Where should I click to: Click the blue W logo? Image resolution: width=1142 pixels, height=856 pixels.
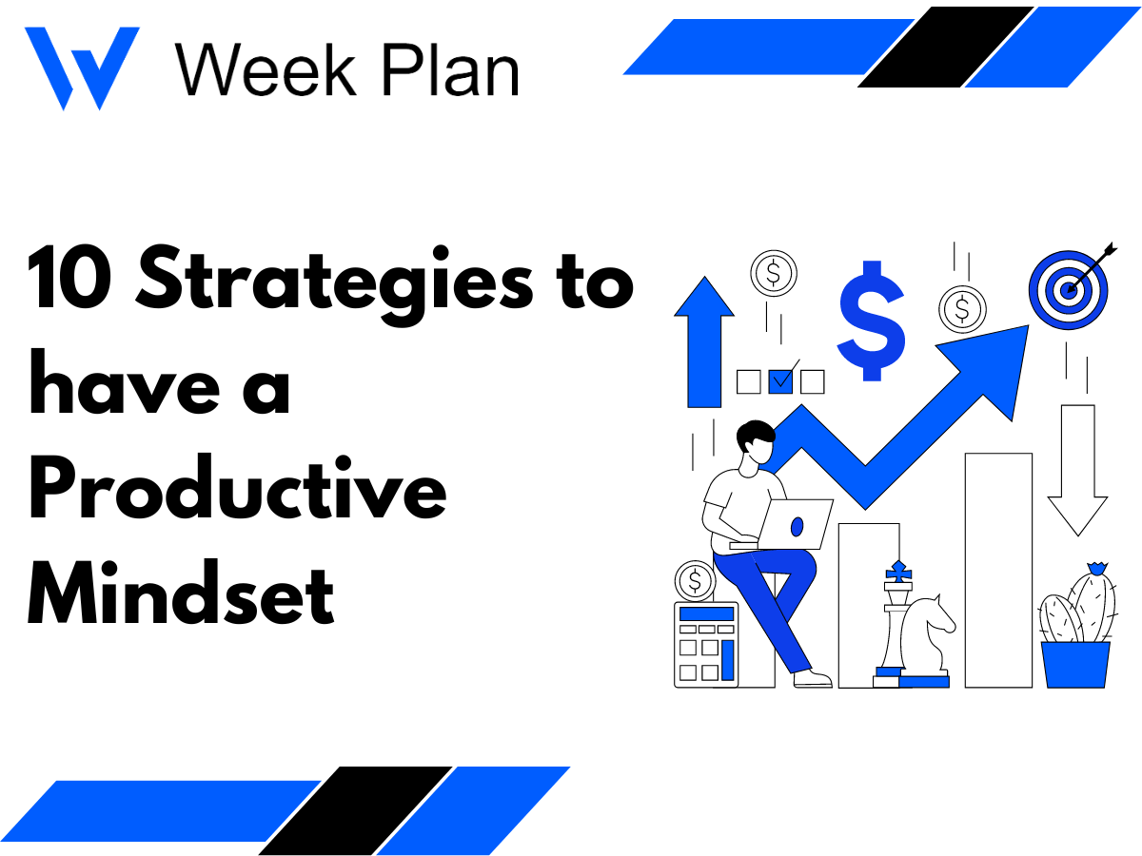tap(81, 67)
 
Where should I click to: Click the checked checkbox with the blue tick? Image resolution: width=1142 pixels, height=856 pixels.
tap(781, 381)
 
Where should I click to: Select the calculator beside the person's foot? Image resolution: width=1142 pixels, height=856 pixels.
tap(706, 644)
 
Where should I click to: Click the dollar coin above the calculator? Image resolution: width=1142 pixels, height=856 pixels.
tap(695, 580)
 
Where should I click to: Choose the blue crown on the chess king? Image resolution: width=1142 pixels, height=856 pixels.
tap(897, 571)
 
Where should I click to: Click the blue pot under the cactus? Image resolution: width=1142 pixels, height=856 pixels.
tap(1075, 664)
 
